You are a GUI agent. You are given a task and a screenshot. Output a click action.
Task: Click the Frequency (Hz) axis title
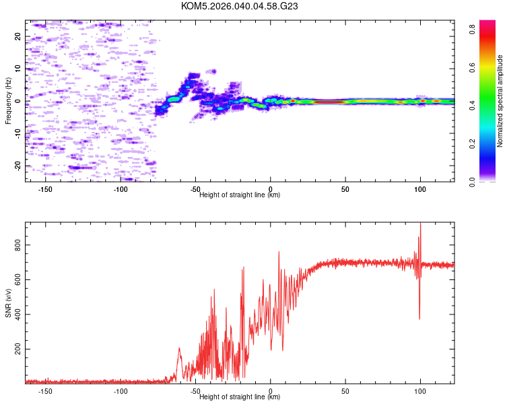(x=8, y=101)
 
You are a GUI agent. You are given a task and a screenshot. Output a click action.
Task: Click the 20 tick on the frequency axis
(x=18, y=37)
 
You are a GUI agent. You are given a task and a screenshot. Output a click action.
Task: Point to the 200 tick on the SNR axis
(x=18, y=349)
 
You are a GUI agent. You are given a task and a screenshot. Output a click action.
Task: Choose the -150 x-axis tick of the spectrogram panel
(x=46, y=189)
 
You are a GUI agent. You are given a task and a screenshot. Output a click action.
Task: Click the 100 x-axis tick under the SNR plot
(x=420, y=391)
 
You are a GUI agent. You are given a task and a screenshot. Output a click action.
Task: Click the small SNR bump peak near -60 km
(x=179, y=349)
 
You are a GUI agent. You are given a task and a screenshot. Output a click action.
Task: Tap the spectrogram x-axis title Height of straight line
(x=240, y=195)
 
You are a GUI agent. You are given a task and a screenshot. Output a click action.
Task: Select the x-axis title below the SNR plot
(x=240, y=397)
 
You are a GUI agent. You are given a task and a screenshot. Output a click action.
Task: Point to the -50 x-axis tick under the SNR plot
(x=195, y=391)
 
